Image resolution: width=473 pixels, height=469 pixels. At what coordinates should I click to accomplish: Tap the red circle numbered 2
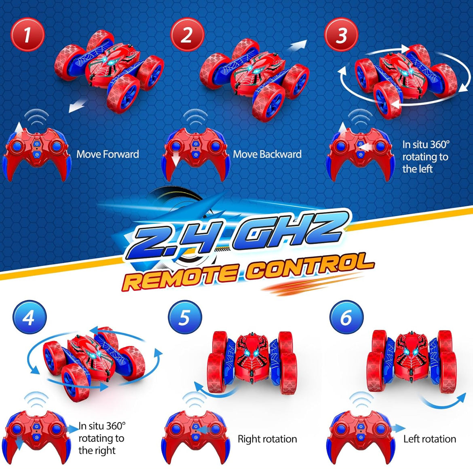pyautogui.click(x=186, y=35)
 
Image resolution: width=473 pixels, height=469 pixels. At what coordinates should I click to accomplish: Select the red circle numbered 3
pyautogui.click(x=342, y=35)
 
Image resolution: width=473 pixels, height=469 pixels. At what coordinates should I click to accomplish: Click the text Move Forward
pyautogui.click(x=108, y=154)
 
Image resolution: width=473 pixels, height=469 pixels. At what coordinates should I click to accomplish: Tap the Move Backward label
pyautogui.click(x=267, y=154)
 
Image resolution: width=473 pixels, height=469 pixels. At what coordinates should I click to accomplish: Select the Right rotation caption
pyautogui.click(x=267, y=439)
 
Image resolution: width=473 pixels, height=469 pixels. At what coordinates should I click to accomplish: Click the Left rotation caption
pyautogui.click(x=429, y=439)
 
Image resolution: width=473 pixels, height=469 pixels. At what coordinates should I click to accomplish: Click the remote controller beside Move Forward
pyautogui.click(x=36, y=152)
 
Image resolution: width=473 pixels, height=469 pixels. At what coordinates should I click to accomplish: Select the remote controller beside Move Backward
pyautogui.click(x=196, y=152)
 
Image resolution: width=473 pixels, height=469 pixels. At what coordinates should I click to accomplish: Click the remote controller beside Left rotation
pyautogui.click(x=360, y=435)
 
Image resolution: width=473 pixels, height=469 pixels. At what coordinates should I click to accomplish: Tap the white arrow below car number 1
pyautogui.click(x=77, y=106)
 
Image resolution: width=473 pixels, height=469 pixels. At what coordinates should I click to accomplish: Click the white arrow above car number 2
pyautogui.click(x=297, y=46)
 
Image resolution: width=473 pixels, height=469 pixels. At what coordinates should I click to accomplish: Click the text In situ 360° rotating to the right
pyautogui.click(x=102, y=438)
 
